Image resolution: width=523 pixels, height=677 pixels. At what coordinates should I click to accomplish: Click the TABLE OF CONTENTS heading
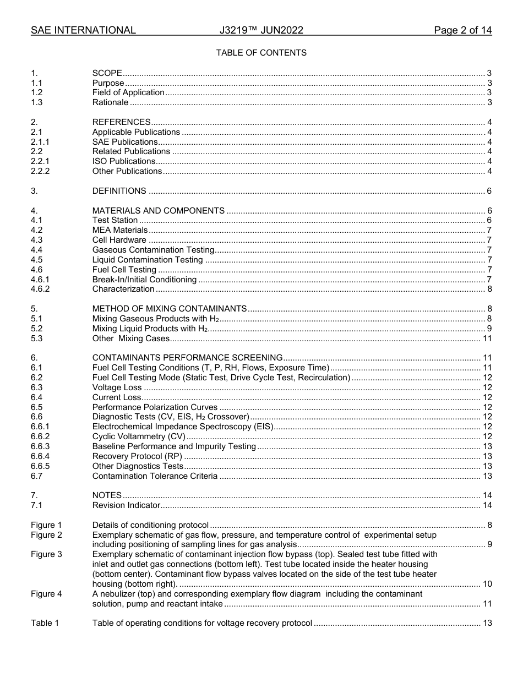[x=261, y=53]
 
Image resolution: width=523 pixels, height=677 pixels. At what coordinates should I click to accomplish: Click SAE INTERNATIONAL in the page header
[x=83, y=30]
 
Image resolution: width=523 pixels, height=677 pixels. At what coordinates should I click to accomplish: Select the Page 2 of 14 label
[x=462, y=30]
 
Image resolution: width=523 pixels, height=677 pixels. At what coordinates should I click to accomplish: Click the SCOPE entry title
[x=107, y=73]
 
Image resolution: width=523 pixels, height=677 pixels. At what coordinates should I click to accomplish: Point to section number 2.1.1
[x=40, y=142]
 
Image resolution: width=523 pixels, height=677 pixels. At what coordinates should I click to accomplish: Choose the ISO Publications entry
[x=123, y=161]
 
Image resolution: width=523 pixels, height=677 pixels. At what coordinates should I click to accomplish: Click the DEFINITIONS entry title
[x=119, y=191]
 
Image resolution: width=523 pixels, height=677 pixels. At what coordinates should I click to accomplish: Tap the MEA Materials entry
[x=119, y=230]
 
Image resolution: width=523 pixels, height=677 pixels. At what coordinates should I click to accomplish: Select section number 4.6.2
[x=40, y=289]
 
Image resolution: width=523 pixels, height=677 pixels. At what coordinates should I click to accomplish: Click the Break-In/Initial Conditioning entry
[x=144, y=280]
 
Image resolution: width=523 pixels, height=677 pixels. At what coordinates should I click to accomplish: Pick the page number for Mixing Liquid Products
[x=489, y=329]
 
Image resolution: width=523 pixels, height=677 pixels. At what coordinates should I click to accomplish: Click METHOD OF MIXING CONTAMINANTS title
[x=169, y=309]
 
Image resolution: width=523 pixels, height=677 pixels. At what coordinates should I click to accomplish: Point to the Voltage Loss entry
[x=117, y=387]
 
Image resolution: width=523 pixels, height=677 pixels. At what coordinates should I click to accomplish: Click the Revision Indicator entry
[x=126, y=505]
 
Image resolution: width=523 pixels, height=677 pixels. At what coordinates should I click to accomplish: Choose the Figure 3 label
[x=46, y=554]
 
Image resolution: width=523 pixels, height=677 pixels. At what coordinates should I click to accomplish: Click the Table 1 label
[x=45, y=623]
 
